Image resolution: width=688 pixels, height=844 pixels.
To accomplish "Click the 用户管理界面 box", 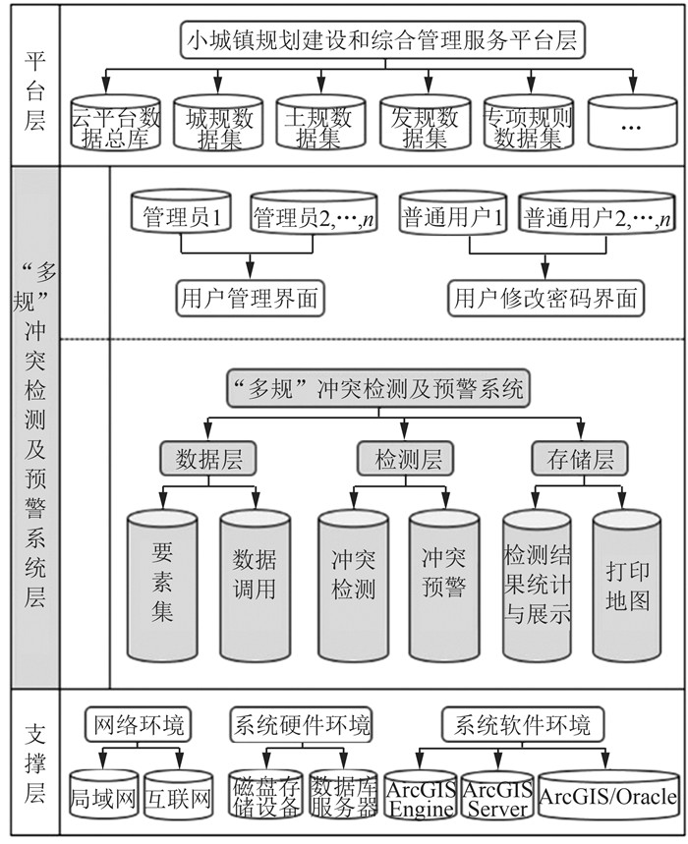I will coord(250,298).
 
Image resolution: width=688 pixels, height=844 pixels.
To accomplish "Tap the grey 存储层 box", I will coord(579,458).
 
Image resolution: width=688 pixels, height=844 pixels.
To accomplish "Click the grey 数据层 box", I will coord(208,458).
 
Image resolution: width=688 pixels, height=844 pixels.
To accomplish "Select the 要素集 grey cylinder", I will coord(162,585).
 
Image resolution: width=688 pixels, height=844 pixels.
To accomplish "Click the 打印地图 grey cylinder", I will coord(626,585).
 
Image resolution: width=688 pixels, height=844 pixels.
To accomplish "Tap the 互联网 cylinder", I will coord(178,795).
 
